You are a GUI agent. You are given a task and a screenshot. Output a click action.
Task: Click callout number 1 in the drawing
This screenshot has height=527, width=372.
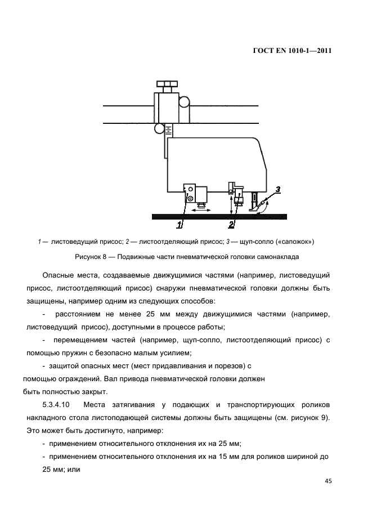coord(180,225)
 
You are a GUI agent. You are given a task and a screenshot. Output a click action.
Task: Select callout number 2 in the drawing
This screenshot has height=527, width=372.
coord(231,225)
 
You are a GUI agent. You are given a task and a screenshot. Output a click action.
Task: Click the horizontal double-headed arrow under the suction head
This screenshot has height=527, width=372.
coord(200,209)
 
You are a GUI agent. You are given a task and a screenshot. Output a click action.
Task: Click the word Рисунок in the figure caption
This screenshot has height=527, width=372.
coord(88,257)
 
